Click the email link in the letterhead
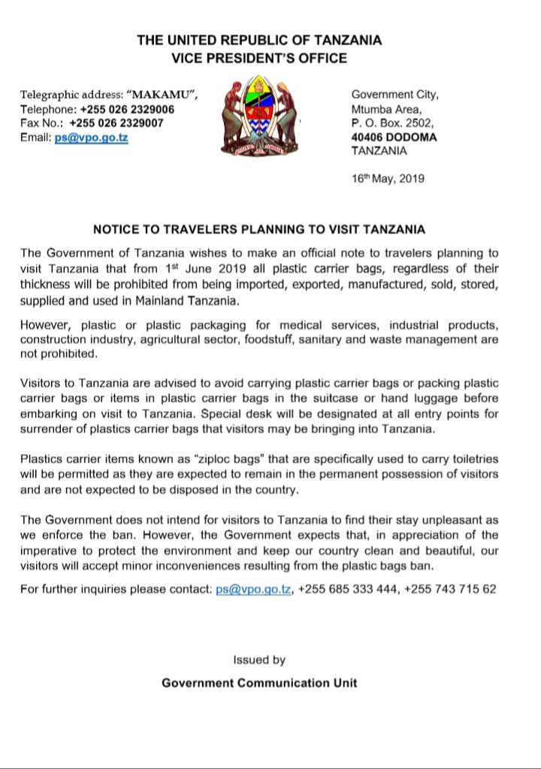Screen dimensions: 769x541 click(92, 138)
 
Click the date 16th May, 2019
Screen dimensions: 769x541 click(388, 179)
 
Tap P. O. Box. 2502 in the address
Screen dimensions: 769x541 click(390, 123)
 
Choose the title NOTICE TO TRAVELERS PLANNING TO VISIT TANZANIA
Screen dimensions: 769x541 click(270, 228)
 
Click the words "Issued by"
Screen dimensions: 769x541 click(259, 660)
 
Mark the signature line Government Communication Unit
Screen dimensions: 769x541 click(259, 683)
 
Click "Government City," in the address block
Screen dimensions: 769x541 click(394, 94)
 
